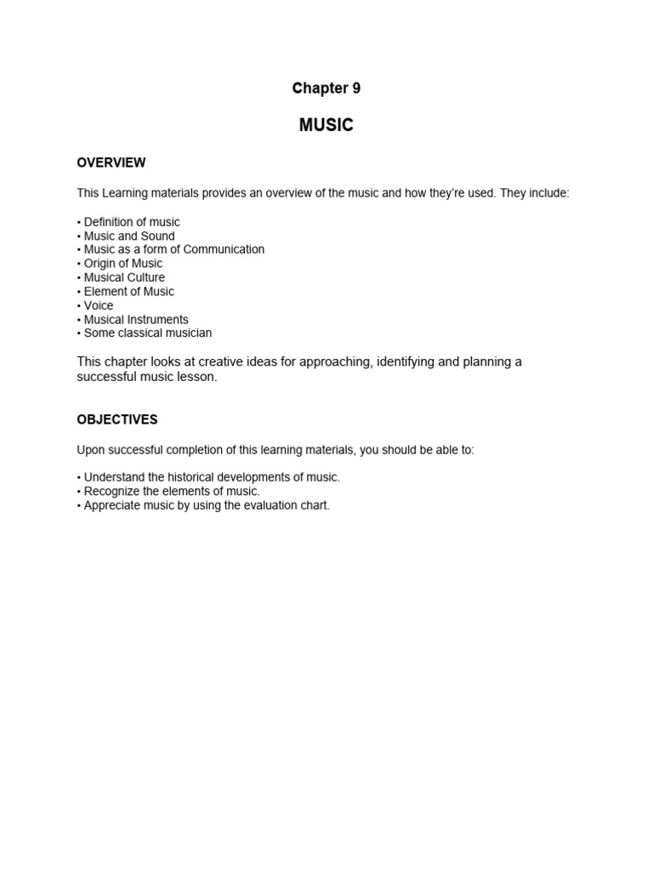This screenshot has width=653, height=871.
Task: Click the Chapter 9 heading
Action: [x=326, y=88]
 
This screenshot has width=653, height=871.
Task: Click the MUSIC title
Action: [x=326, y=125]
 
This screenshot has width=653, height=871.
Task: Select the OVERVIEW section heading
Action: [x=111, y=162]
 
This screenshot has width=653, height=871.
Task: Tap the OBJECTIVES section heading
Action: [x=117, y=419]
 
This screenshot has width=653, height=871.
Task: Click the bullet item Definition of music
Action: [x=131, y=222]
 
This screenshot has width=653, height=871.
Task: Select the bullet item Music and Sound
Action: [x=128, y=236]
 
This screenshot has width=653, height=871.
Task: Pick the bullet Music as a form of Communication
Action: [x=173, y=249]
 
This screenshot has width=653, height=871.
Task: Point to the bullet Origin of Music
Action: [x=122, y=264]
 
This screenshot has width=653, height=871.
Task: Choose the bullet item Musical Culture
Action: [x=124, y=277]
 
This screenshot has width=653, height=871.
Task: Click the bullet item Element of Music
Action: [x=128, y=291]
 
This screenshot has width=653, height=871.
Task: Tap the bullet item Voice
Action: [x=98, y=305]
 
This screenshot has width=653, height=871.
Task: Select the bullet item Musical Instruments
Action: [x=135, y=320]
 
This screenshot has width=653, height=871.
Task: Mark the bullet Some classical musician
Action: [x=147, y=333]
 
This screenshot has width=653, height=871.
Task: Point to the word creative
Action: [x=224, y=361]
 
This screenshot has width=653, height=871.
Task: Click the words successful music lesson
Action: [x=147, y=377]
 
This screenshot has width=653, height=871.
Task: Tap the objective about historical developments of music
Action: [x=211, y=477]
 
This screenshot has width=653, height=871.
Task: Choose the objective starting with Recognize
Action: [x=171, y=491]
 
